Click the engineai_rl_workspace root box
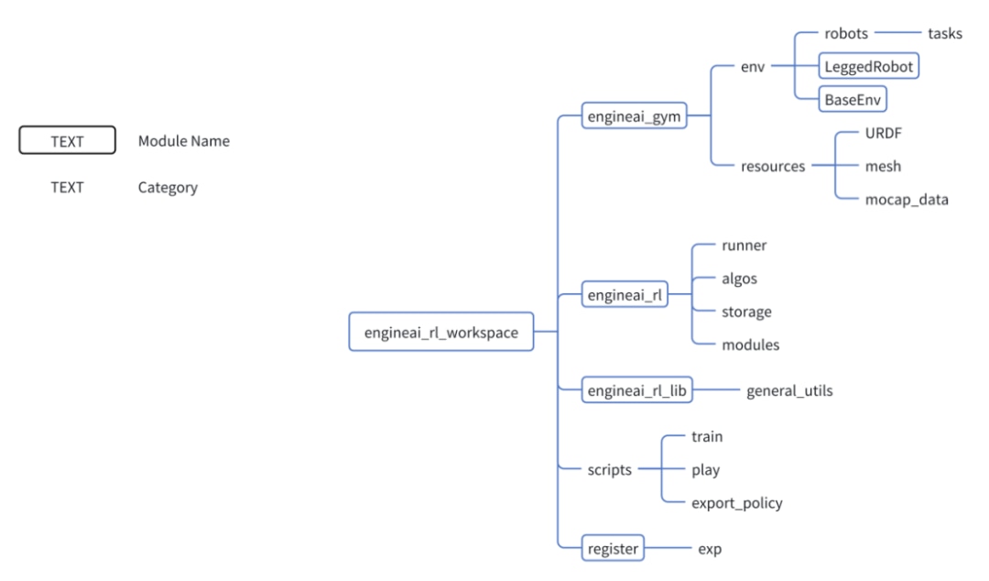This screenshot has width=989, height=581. click(x=441, y=333)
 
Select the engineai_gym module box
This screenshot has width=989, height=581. click(x=635, y=116)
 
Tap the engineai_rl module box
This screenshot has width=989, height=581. click(x=625, y=295)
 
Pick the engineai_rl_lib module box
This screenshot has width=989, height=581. click(x=637, y=391)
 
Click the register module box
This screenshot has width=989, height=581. click(x=614, y=549)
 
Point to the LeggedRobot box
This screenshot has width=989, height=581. click(x=868, y=66)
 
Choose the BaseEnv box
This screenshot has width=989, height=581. click(x=854, y=99)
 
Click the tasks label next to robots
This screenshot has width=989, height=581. click(x=945, y=34)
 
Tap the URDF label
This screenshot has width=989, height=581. click(x=884, y=133)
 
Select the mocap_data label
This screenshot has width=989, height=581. click(x=907, y=200)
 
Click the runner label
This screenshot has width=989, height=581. click(x=744, y=246)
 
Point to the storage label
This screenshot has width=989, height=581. click(x=745, y=312)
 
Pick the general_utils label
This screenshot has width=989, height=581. click(x=789, y=391)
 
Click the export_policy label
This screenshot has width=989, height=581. click(x=736, y=503)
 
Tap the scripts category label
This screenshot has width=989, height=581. click(x=609, y=470)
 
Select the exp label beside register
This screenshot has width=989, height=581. click(x=710, y=549)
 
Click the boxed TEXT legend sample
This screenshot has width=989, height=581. click(x=67, y=140)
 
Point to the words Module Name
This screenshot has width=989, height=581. click(x=184, y=141)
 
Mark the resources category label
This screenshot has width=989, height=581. click(x=773, y=167)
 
